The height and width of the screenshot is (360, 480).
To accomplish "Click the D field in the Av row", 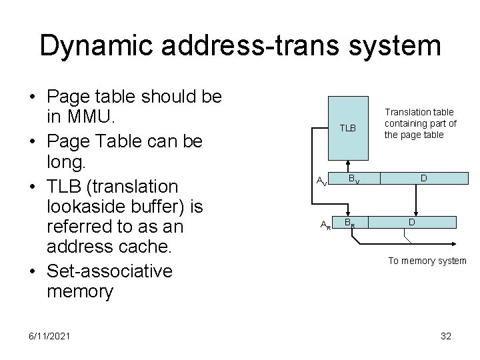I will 423,178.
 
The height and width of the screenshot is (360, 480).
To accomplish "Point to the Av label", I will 321,180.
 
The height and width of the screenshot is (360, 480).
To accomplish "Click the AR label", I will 325,225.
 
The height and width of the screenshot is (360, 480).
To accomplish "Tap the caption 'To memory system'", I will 427,261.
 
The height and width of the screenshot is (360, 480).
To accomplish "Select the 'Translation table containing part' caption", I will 421,124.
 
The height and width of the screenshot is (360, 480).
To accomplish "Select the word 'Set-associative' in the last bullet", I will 109,271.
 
